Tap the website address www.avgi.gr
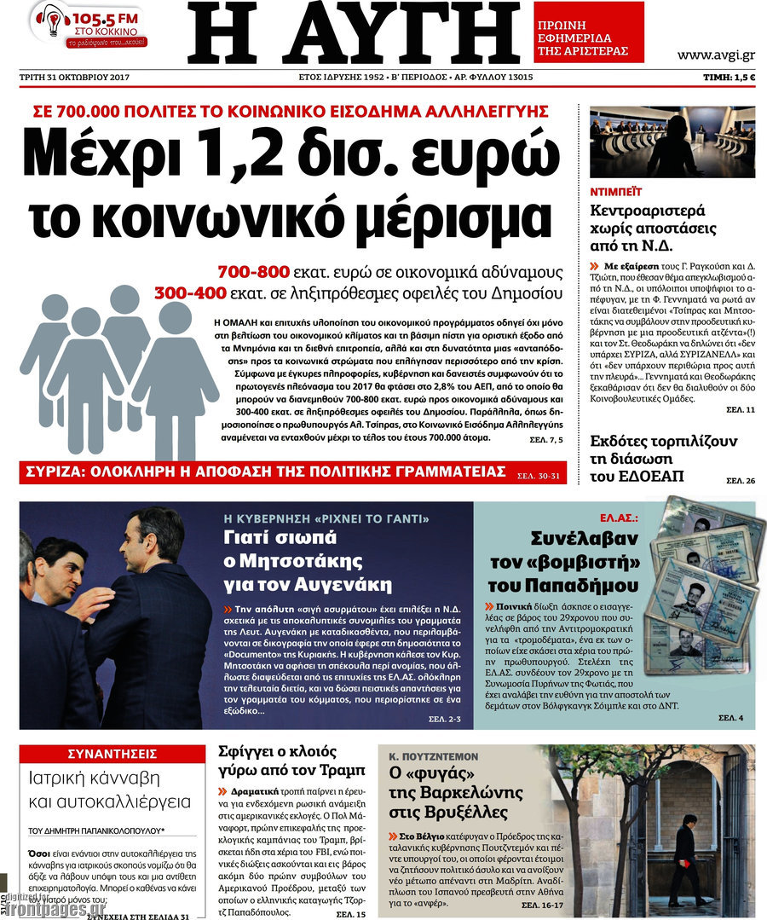(715, 55)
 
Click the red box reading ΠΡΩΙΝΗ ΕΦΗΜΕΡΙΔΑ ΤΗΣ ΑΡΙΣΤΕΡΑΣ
(589, 32)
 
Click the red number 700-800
(254, 273)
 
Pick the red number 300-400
(190, 293)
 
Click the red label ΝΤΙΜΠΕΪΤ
(615, 193)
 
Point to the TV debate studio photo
(672, 141)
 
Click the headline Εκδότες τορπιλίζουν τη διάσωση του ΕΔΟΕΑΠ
(663, 459)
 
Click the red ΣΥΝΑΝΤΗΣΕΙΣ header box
(112, 753)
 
